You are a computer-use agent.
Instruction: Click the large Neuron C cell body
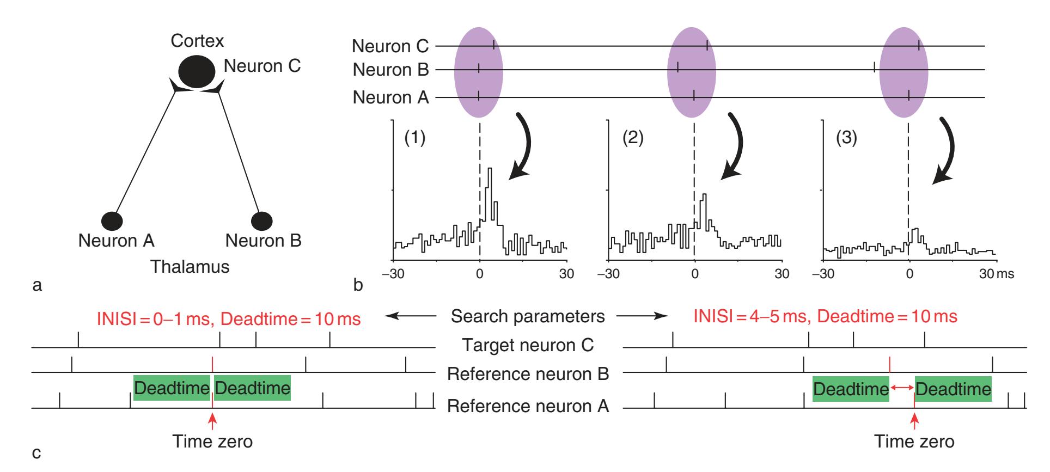197,73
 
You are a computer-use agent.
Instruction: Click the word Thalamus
190,267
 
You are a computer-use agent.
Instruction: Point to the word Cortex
197,41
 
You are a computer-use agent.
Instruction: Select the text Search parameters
528,316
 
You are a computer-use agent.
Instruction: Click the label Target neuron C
528,345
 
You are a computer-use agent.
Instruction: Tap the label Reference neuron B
528,375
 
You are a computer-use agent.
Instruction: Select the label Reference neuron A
528,406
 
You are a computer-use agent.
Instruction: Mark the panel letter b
358,284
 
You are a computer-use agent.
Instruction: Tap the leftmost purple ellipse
479,72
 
